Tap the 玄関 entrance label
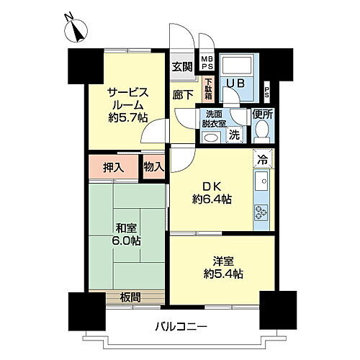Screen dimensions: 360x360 [x=182, y=67]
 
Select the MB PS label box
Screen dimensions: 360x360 [x=207, y=62]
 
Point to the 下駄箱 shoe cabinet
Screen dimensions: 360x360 [x=208, y=88]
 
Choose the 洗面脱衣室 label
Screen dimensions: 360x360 [x=214, y=119]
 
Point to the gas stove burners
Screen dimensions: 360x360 [x=261, y=210]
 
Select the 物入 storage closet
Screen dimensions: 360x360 [x=154, y=167]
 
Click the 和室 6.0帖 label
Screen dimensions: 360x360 [x=126, y=235]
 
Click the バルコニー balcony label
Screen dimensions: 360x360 [x=181, y=326]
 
